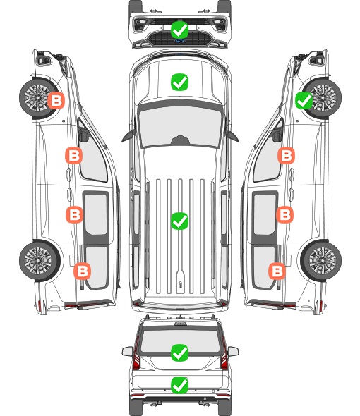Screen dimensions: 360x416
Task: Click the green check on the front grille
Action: tap(180, 30)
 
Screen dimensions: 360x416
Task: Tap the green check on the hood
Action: tap(180, 82)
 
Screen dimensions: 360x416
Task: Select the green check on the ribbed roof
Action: tap(180, 221)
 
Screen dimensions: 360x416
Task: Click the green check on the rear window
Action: tap(180, 353)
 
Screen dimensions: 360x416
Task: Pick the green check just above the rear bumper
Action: tap(180, 385)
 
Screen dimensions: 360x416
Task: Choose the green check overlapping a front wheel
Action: tap(304, 100)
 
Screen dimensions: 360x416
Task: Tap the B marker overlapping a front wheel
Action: tap(56, 100)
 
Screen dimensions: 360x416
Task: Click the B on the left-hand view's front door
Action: tap(74, 155)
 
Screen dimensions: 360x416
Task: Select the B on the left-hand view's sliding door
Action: tap(75, 214)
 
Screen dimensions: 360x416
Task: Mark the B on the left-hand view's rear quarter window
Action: tap(83, 271)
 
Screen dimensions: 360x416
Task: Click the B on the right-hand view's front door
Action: tap(286, 155)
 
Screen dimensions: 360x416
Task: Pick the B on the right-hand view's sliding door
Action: tap(285, 214)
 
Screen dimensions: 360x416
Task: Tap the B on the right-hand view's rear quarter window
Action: tap(277, 271)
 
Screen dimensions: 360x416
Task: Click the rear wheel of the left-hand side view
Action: tap(40, 260)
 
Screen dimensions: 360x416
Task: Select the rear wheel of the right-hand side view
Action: tap(321, 260)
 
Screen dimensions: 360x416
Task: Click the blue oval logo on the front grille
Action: tap(180, 41)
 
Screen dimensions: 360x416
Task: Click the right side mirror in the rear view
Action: tap(233, 351)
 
